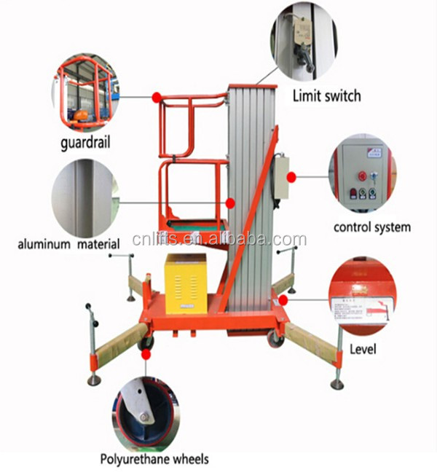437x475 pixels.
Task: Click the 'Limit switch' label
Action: tap(326, 95)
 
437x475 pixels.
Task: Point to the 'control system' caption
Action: tap(371, 227)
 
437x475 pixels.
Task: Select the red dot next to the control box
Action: tap(291, 177)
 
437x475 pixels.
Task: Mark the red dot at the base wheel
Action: tap(146, 355)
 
